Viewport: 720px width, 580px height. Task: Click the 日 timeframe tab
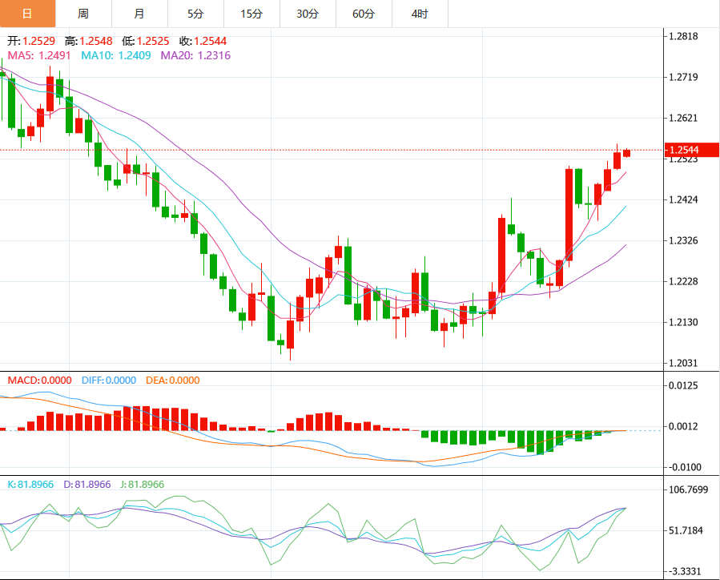click(x=27, y=14)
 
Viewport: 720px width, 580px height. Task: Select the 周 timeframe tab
click(x=83, y=14)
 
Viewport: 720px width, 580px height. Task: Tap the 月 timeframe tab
click(x=139, y=14)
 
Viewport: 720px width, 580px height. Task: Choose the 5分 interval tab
click(x=195, y=14)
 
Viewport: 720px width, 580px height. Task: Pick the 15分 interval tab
click(x=251, y=14)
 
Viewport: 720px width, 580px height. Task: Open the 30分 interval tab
click(x=308, y=14)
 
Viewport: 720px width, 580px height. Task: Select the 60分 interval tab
click(x=364, y=14)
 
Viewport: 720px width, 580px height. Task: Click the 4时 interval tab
click(x=420, y=14)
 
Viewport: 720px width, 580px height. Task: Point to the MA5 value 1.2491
click(x=54, y=55)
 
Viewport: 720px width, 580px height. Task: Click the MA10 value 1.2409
click(x=135, y=55)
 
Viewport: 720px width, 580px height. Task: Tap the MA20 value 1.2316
click(x=214, y=55)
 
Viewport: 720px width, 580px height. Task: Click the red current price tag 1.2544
click(x=691, y=150)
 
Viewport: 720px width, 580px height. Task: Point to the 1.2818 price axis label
click(x=683, y=36)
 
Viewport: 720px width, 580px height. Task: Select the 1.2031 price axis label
click(x=683, y=363)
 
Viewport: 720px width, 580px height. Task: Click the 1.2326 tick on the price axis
click(x=683, y=240)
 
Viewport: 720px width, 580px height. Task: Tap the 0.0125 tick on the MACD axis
click(x=683, y=385)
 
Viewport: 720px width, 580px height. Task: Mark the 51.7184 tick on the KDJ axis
click(x=686, y=530)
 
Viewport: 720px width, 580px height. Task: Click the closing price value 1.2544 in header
click(x=211, y=42)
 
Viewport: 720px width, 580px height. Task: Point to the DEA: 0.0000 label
click(x=173, y=381)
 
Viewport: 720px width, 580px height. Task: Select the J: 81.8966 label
click(x=143, y=485)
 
